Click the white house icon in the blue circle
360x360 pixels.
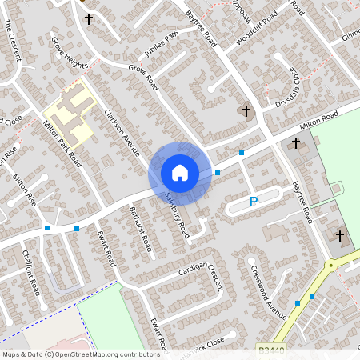(180, 173)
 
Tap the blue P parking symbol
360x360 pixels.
(254, 202)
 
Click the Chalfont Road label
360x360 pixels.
(32, 273)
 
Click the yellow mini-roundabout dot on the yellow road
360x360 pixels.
(330, 264)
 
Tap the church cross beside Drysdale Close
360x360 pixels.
(246, 110)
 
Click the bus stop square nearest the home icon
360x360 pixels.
(217, 172)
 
